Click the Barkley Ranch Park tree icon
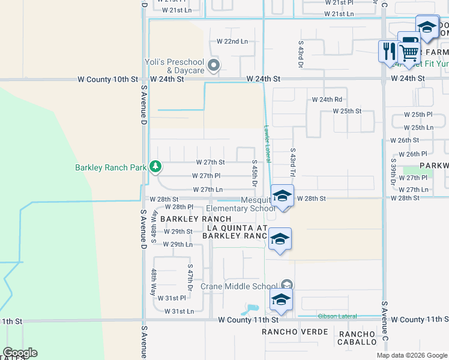tap(155, 166)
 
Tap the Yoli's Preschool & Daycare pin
tap(213, 65)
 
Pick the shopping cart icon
tap(409, 52)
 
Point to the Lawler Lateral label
tap(267, 144)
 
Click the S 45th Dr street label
tap(255, 172)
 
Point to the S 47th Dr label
tap(190, 277)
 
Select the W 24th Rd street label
tap(327, 100)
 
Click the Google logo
tap(20, 353)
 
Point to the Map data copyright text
tap(411, 355)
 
